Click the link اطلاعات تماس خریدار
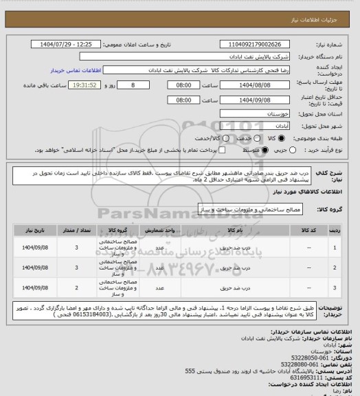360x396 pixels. [x=75, y=70]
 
